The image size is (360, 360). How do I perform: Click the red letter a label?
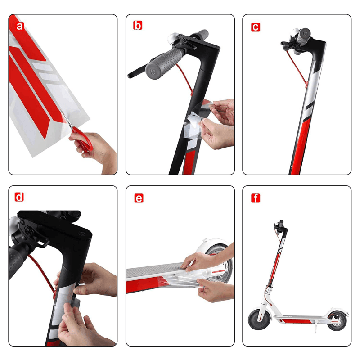point(19,26)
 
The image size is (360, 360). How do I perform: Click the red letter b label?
point(137,26)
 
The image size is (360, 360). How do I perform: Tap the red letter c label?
point(255,27)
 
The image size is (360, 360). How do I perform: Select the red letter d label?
point(19,197)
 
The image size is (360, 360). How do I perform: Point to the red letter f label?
point(255,198)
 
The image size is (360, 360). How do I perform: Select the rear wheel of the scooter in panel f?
point(337,320)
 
